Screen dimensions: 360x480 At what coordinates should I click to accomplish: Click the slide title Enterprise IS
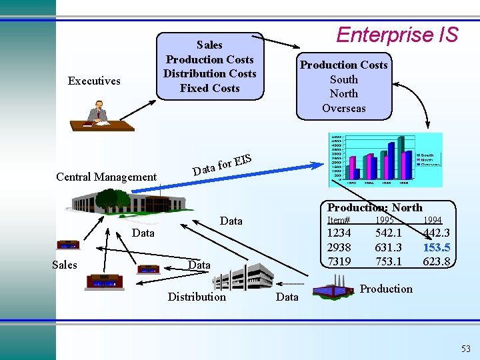click(x=397, y=35)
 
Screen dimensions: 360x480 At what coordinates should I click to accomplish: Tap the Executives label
click(x=94, y=81)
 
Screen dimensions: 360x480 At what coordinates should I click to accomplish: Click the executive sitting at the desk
click(x=99, y=112)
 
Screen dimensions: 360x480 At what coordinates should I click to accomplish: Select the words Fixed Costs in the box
click(x=209, y=88)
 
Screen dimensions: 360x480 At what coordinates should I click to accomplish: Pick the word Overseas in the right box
click(x=343, y=108)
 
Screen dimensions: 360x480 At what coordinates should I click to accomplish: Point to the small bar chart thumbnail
click(x=385, y=160)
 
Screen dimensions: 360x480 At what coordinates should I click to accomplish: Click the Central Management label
click(x=106, y=177)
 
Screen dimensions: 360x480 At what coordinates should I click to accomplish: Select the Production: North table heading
click(x=374, y=207)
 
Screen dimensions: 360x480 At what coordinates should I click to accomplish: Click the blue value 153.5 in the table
click(x=436, y=247)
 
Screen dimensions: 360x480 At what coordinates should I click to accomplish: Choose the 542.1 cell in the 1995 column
click(x=388, y=233)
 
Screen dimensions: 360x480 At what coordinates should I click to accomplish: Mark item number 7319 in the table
click(x=339, y=261)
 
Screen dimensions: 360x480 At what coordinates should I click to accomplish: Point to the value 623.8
click(x=436, y=261)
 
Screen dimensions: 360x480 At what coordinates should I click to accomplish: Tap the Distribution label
click(x=197, y=297)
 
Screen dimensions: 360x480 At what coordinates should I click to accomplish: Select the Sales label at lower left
click(x=65, y=265)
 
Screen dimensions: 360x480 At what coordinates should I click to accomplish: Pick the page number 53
click(x=465, y=349)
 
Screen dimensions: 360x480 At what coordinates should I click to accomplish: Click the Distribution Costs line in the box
click(x=209, y=73)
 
